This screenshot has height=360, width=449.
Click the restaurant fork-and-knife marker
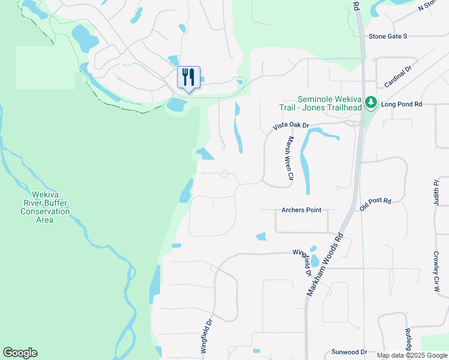pos(188,77)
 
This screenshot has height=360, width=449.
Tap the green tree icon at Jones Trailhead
pos(372,103)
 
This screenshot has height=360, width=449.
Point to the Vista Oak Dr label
pos(291,126)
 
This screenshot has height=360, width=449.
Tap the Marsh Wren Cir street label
pos(289,158)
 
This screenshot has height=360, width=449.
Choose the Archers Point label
pos(301,210)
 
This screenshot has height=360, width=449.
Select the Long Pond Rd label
pos(402,104)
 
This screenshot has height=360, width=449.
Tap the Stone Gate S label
pos(388,37)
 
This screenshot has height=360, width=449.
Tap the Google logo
pos(20,353)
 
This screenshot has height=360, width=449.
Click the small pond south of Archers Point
pos(261,236)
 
